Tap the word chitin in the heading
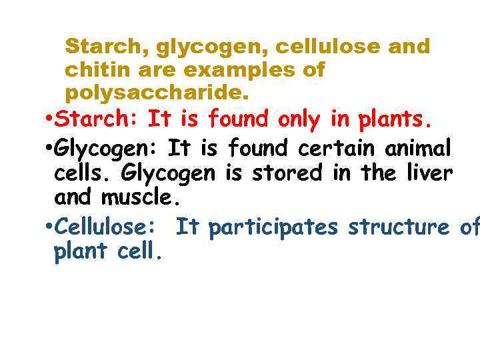(x=91, y=69)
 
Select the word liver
(x=429, y=173)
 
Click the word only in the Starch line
(x=300, y=119)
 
